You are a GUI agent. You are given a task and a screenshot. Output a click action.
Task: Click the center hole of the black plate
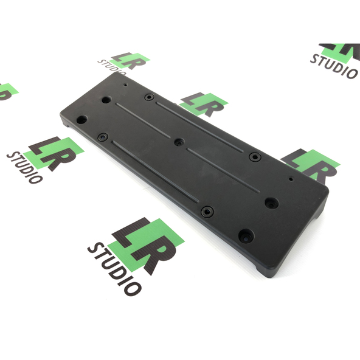coord(179,142)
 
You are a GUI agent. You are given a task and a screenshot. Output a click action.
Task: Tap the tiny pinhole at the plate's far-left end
coord(126,85)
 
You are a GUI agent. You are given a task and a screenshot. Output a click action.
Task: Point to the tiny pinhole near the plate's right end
coord(291,179)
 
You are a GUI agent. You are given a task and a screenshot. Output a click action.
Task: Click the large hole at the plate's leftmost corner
coord(82,120)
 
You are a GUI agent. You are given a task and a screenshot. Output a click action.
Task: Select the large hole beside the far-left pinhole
coord(106,100)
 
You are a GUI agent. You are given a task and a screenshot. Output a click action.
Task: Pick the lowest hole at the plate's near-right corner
coord(246,236)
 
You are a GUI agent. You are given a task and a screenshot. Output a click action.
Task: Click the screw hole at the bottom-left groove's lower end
coord(207,212)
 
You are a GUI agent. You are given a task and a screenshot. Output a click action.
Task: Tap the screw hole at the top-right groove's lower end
coord(255,157)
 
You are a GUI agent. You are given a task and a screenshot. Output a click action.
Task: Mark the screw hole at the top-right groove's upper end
coord(150,97)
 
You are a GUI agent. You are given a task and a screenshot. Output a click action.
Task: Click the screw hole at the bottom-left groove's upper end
coord(103,137)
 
